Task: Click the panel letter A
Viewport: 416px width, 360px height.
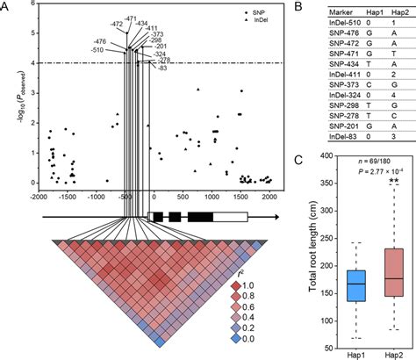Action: [6, 6]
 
